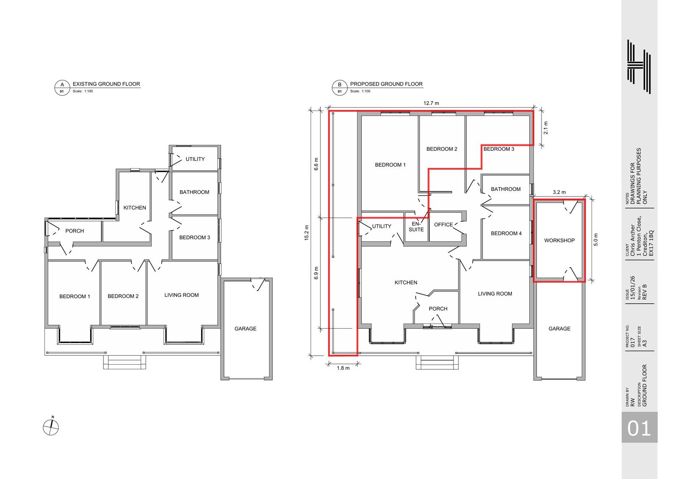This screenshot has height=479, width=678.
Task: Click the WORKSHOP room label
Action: tap(559, 241)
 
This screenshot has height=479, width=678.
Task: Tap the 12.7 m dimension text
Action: tap(431, 103)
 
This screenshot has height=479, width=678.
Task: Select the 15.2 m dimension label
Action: tap(307, 233)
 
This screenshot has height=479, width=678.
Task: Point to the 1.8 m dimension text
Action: tap(343, 368)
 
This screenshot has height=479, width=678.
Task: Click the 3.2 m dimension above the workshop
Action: tap(559, 192)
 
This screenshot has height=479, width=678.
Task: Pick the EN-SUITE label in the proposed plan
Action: tap(416, 227)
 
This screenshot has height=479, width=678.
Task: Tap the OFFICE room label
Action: tap(443, 224)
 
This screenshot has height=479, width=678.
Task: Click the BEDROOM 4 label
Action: tap(506, 233)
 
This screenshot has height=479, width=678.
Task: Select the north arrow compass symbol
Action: tap(51, 426)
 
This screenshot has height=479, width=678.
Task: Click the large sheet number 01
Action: tap(639, 429)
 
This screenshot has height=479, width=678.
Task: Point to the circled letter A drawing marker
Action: tap(62, 88)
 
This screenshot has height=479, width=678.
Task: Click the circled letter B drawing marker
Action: tap(339, 88)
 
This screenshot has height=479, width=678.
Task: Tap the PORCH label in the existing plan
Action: tap(75, 231)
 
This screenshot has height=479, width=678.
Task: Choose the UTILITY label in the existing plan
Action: tap(195, 159)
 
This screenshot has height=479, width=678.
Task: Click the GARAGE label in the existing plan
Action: tap(245, 329)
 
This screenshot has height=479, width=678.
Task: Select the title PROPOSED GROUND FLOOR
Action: tap(386, 84)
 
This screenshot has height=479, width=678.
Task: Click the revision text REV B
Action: tap(644, 292)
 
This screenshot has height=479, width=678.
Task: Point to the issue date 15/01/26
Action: tap(632, 288)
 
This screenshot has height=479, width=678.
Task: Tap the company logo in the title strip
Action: tap(639, 66)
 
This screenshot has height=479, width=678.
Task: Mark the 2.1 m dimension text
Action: tap(546, 128)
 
